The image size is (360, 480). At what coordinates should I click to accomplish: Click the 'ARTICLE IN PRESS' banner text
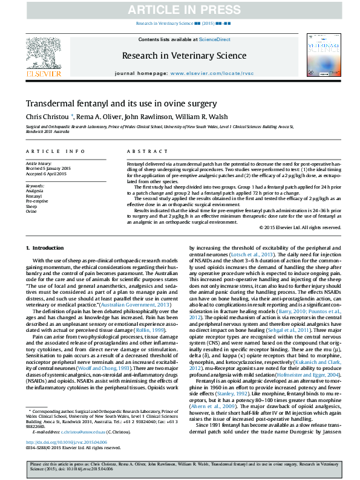click(180, 8)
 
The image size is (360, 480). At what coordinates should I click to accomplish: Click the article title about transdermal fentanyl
click(121, 103)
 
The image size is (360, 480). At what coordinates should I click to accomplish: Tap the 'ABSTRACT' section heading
click(143, 151)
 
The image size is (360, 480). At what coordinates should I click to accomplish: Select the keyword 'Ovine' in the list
click(31, 212)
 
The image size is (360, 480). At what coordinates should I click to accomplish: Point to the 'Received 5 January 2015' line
click(48, 167)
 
